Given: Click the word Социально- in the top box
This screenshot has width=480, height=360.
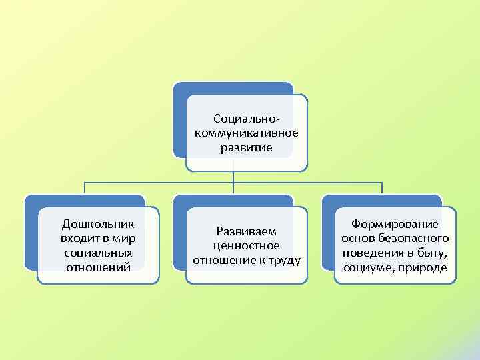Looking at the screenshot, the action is pyautogui.click(x=246, y=118).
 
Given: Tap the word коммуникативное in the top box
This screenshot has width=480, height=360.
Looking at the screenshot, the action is pyautogui.click(x=246, y=133).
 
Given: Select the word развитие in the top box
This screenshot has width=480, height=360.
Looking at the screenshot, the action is pyautogui.click(x=246, y=147).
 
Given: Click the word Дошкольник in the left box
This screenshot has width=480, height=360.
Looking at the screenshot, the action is pyautogui.click(x=98, y=223).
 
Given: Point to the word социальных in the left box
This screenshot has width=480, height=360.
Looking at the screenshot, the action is pyautogui.click(x=98, y=253).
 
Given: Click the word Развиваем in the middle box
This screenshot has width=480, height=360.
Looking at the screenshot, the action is pyautogui.click(x=246, y=231).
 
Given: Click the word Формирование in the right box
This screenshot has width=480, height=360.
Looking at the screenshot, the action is pyautogui.click(x=395, y=224).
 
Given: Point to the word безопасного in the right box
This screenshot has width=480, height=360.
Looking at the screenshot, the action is pyautogui.click(x=417, y=239).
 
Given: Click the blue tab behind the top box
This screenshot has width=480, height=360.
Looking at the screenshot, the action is pyautogui.click(x=233, y=88).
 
